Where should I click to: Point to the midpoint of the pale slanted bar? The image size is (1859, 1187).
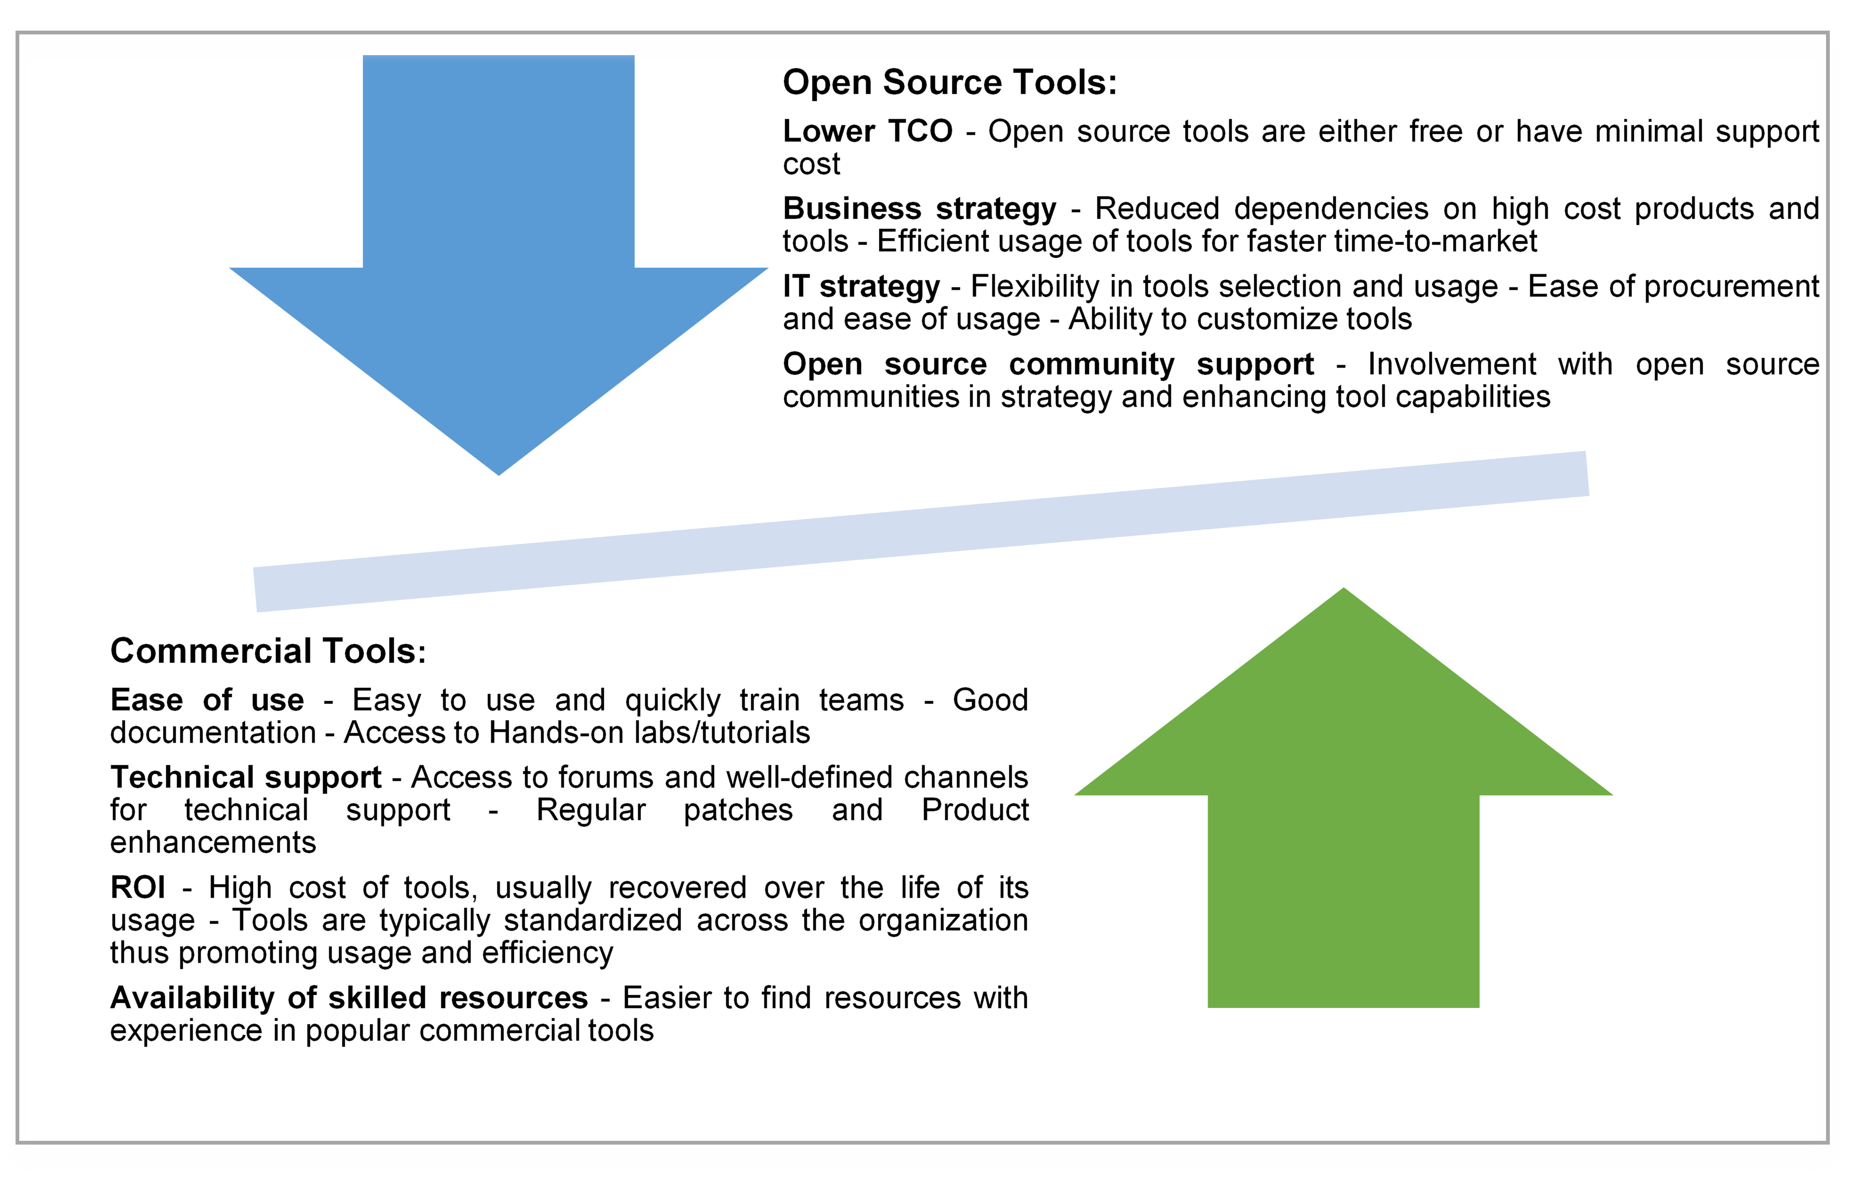(921, 532)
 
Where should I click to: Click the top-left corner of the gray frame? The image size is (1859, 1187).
(17, 33)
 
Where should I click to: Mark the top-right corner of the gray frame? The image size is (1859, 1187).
(1828, 33)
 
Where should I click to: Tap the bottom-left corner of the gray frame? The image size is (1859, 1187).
(17, 1141)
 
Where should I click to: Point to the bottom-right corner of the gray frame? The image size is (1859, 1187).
(1828, 1141)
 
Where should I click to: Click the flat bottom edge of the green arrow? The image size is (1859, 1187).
(1343, 1008)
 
